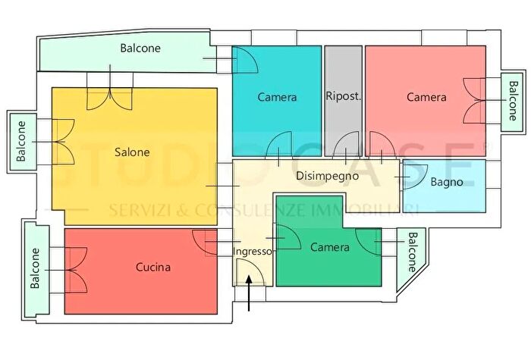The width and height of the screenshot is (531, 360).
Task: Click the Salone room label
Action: point(132,152)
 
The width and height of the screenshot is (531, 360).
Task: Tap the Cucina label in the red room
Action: point(153,267)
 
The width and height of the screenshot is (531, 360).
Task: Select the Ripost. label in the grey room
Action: point(343,96)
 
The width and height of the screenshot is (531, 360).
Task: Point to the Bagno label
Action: point(447,182)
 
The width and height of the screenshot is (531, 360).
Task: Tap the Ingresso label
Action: point(251,251)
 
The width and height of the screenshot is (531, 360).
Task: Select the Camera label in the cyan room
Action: point(277,97)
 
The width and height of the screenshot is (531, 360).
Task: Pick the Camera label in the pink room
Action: point(426,97)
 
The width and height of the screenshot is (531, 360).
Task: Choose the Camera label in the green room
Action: point(330,247)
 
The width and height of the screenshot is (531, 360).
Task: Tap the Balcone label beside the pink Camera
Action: point(513,102)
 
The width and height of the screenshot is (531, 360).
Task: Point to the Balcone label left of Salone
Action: point(21,141)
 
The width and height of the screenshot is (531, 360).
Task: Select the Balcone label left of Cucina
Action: point(35,270)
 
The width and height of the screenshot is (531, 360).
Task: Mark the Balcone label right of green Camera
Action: point(411,252)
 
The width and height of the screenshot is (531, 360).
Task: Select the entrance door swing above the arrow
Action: point(247,272)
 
